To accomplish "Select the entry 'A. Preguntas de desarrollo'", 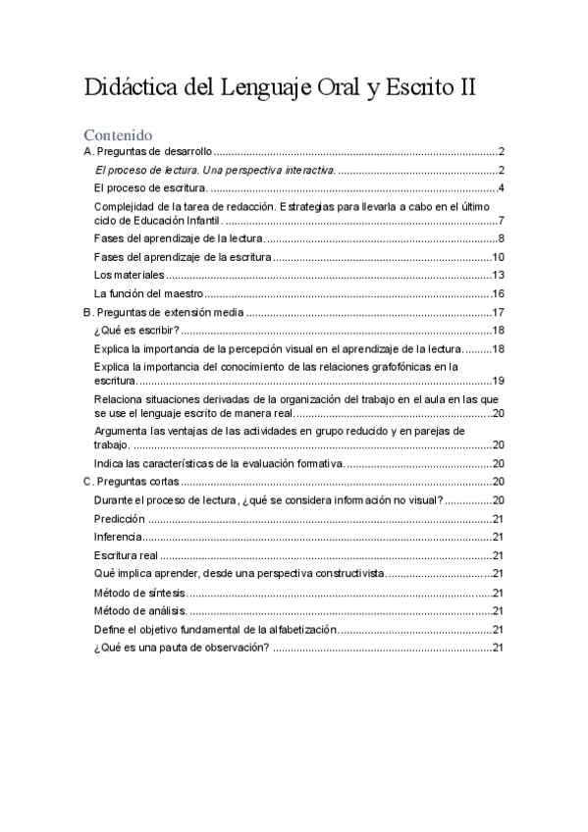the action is (147, 152).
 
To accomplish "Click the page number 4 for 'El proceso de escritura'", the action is (501, 187).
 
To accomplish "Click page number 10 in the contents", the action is (498, 257).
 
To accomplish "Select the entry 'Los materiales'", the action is (129, 275).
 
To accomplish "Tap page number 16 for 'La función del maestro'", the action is (498, 293).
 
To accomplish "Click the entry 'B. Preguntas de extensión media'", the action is (163, 312).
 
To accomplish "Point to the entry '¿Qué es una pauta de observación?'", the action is (182, 648).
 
